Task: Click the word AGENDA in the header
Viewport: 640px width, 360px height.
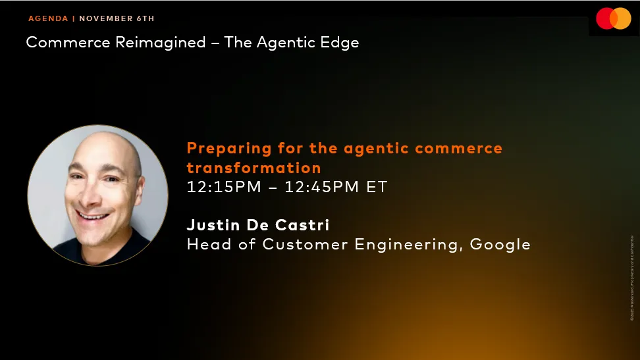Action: point(48,18)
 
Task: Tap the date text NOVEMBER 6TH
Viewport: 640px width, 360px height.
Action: point(117,18)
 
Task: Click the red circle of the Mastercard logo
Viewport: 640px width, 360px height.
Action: point(606,18)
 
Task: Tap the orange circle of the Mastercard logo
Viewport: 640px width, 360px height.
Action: point(622,18)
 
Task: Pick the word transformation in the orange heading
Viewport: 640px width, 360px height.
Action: point(253,168)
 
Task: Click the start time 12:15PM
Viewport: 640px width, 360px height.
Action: point(225,187)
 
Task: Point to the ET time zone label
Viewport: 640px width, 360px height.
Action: point(377,187)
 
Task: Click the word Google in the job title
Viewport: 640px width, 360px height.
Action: point(501,245)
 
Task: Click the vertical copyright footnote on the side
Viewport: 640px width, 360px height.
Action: point(632,277)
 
